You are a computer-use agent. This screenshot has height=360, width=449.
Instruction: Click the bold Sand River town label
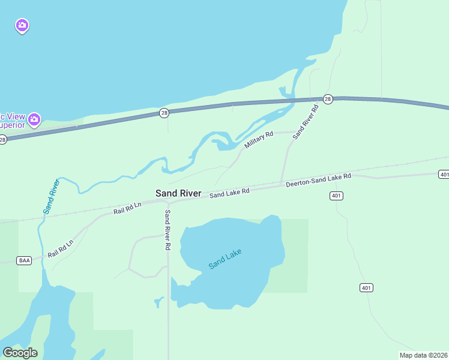coord(178,193)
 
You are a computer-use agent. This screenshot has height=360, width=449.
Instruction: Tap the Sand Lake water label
coord(225,258)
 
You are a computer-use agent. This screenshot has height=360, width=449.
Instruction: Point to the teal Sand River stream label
coord(52,197)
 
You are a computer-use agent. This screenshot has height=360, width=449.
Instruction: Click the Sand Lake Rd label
coord(229,193)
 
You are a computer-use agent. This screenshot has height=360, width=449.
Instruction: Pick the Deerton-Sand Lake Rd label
coord(318,180)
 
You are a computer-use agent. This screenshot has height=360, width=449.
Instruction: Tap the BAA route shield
coord(25,260)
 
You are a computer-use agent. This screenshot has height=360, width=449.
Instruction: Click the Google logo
coord(20,353)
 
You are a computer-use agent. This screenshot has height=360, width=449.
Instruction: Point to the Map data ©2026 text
coord(424,355)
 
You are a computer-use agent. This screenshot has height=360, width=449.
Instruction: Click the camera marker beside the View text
coord(34,119)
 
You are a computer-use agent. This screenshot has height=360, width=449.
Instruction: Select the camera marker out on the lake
coord(22,25)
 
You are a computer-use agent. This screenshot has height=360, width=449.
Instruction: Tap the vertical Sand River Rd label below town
coord(168,230)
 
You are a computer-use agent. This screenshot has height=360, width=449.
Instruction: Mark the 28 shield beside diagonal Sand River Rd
coord(327,98)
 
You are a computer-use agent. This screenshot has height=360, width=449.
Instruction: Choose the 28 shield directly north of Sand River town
coord(164,113)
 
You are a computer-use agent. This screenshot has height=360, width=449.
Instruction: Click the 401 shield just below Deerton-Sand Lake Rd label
coord(336,196)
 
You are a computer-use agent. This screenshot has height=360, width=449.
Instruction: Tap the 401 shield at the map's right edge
coord(444,175)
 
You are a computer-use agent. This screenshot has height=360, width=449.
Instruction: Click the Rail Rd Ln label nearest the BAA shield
coord(61,247)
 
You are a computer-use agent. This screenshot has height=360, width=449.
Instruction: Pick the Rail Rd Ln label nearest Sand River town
coord(127,209)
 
